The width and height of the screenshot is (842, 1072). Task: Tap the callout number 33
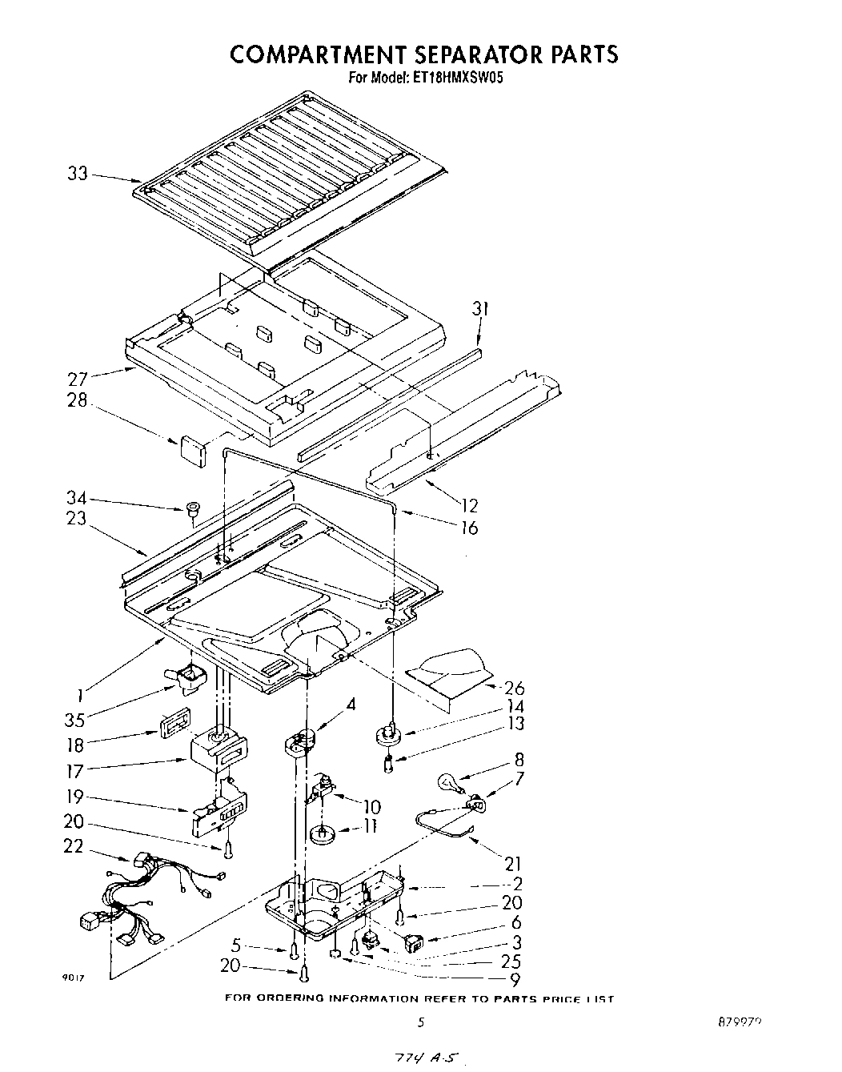(x=78, y=174)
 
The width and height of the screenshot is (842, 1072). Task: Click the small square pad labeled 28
(x=192, y=450)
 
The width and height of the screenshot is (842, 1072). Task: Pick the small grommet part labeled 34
(x=192, y=508)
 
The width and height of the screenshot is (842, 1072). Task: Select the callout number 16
(x=469, y=527)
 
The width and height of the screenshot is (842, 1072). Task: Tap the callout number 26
(x=515, y=688)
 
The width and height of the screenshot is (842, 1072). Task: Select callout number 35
(x=78, y=717)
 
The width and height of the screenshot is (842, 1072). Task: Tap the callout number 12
(x=469, y=505)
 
